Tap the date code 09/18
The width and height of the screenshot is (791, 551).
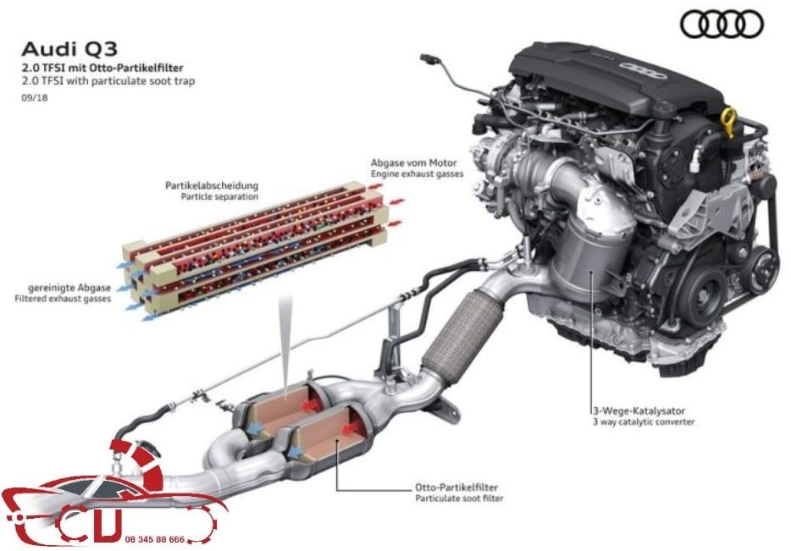tap(31, 98)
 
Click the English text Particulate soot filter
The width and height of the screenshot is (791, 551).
tap(459, 499)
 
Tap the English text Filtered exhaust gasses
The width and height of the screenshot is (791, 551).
tap(63, 300)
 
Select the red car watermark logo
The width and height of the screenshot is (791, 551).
tap(110, 499)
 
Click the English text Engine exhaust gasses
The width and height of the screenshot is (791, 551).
tap(416, 173)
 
